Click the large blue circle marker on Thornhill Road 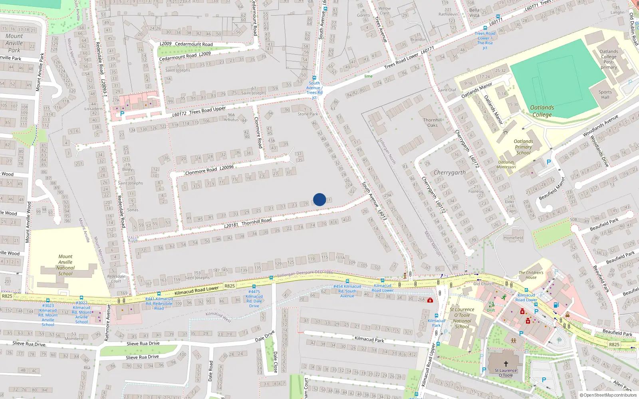point(319,199)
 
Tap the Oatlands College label point(542,111)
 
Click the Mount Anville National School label point(65,265)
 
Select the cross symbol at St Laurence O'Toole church point(506,364)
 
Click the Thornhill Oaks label point(433,122)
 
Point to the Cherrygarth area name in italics point(450,172)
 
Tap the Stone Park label point(308,114)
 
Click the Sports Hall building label point(605,95)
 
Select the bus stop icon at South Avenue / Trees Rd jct point(314,78)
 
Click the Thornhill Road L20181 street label point(248,223)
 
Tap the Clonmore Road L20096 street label point(209,170)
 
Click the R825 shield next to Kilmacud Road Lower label point(230,286)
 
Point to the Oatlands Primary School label point(523,147)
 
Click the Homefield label point(513,238)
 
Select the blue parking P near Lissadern point(122,114)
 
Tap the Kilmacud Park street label point(369,339)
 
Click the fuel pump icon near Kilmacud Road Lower point(556,305)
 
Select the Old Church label point(484,284)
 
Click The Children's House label point(531,275)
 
